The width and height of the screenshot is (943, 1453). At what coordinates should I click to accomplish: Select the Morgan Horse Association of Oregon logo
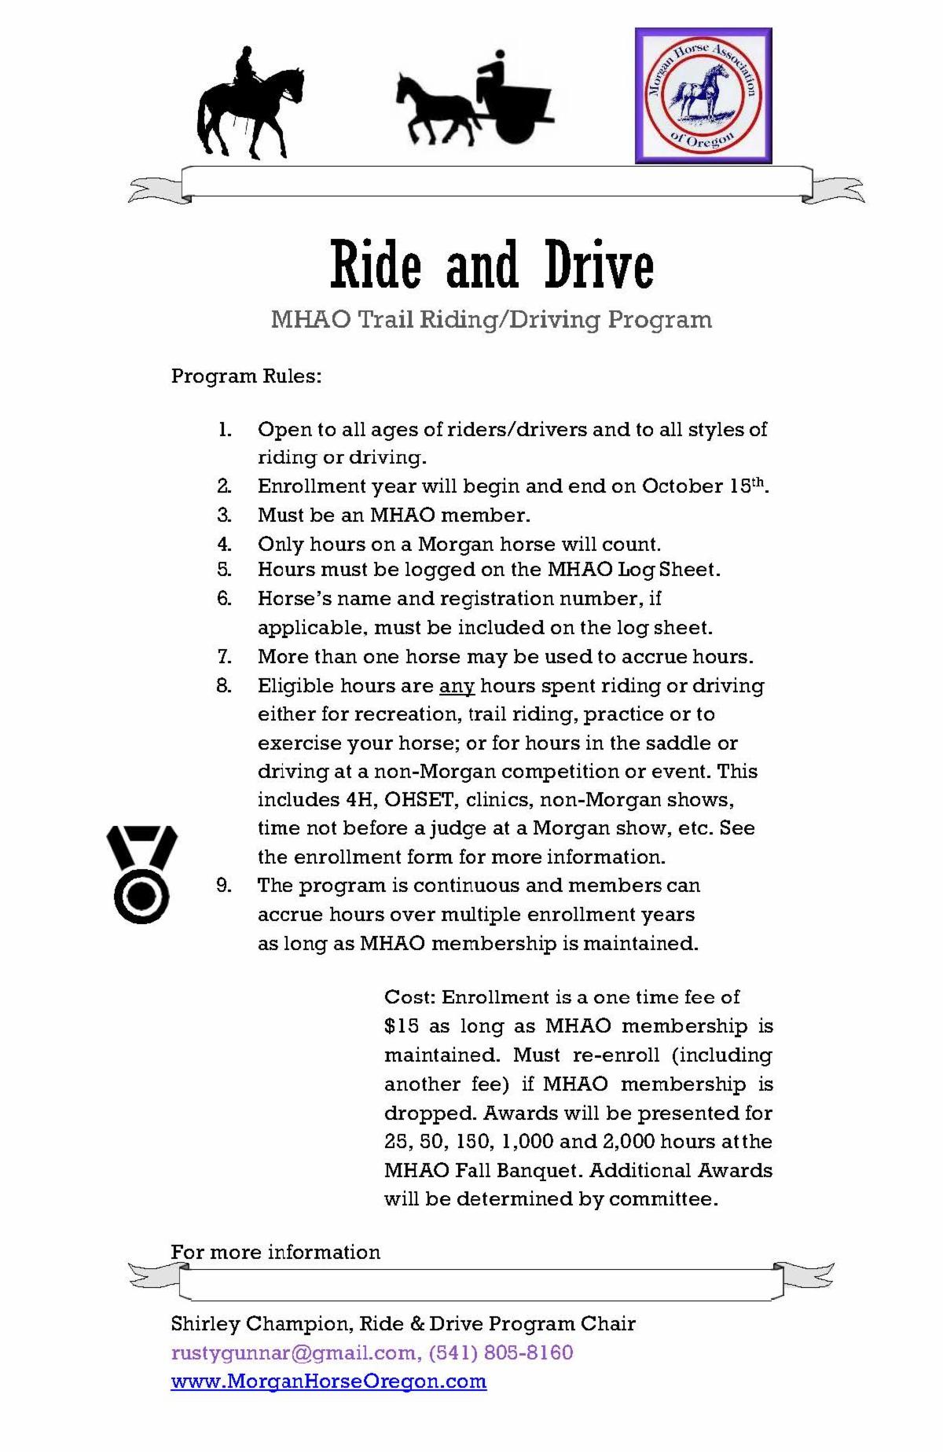pyautogui.click(x=703, y=96)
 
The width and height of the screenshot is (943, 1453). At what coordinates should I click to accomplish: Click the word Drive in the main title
pyautogui.click(x=598, y=266)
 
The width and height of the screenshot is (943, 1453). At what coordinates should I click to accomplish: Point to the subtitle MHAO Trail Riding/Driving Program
pyautogui.click(x=491, y=320)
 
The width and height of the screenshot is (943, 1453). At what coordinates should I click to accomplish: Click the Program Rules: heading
pyautogui.click(x=246, y=376)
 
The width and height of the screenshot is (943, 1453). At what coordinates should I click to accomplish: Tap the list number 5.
pyautogui.click(x=225, y=570)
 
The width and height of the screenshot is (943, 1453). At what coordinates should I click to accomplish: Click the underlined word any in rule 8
pyautogui.click(x=457, y=686)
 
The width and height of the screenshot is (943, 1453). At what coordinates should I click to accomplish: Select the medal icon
pyautogui.click(x=141, y=873)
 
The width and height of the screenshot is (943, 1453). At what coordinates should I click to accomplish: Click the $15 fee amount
pyautogui.click(x=402, y=1026)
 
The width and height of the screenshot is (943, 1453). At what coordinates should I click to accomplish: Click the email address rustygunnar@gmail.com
pyautogui.click(x=294, y=1353)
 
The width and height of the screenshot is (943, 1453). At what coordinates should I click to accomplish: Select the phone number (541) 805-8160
pyautogui.click(x=501, y=1353)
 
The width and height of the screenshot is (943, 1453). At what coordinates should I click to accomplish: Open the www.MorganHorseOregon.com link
pyautogui.click(x=328, y=1381)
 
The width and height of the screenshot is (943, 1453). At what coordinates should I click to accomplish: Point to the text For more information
pyautogui.click(x=275, y=1252)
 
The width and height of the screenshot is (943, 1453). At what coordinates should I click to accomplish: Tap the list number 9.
pyautogui.click(x=225, y=886)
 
